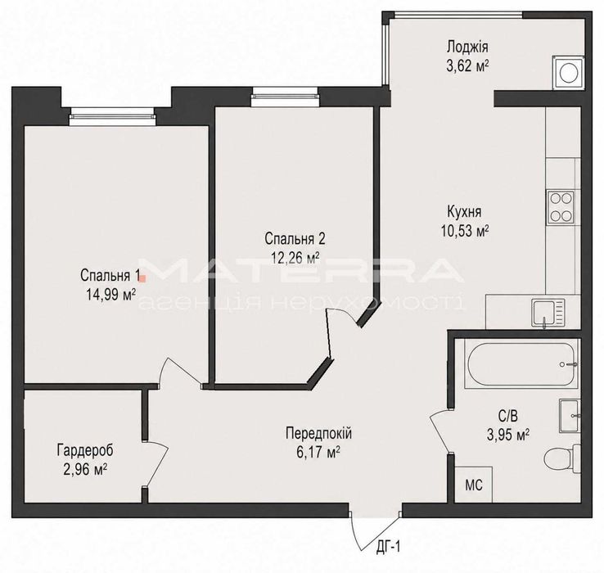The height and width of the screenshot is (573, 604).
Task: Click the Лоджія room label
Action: coord(467,47)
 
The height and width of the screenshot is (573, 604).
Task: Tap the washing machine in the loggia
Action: coord(568,73)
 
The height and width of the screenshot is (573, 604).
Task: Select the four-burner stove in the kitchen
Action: coord(561,207)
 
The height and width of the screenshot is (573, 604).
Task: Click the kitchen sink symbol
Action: coord(548,313)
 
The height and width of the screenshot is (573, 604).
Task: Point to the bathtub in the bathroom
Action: coord(522,363)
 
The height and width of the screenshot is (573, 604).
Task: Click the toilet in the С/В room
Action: coord(563,458)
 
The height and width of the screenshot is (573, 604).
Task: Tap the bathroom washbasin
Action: coord(570,416)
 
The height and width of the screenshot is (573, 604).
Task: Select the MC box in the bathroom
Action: coord(473,485)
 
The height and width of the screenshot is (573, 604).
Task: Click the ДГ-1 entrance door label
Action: coord(389,547)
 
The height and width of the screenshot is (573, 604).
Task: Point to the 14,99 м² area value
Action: coord(111,295)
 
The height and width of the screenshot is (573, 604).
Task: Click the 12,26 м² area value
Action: coord(295,258)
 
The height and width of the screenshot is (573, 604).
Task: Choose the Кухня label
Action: coord(464,211)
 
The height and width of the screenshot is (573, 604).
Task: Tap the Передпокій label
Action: coord(318,433)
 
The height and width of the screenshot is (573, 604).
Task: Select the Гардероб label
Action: coord(85,450)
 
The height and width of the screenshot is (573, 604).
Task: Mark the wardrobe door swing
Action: coord(158,463)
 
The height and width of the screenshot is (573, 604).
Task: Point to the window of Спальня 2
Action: coord(285,97)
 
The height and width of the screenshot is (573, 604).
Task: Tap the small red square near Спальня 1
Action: coord(142,277)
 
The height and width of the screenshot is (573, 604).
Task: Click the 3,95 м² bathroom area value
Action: coord(508,435)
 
